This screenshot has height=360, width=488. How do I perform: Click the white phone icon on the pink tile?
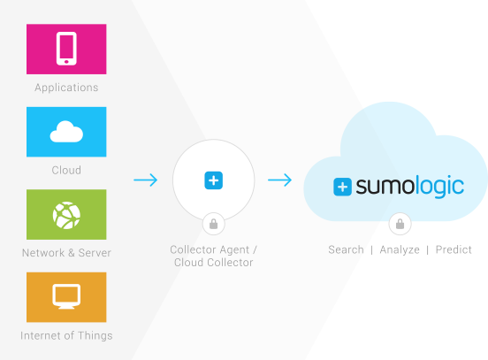(66, 49)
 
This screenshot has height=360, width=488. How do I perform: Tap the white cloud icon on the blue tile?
(66, 132)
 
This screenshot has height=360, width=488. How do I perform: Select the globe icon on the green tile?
(66, 215)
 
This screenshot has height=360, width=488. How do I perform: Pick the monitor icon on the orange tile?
(66, 296)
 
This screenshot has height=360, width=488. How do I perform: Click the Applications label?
(66, 88)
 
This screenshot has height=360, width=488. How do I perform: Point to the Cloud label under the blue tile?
(66, 170)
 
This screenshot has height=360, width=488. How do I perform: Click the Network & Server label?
(66, 253)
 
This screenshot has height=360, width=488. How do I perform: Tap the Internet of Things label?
(66, 335)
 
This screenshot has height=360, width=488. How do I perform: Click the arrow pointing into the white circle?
(146, 180)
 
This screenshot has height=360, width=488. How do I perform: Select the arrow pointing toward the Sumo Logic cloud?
(279, 180)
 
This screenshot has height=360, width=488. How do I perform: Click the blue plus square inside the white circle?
(214, 180)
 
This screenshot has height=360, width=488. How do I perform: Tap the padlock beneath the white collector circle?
(214, 224)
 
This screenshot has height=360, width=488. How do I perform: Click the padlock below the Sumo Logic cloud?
(400, 224)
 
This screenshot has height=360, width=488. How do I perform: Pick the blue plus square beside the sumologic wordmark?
(342, 187)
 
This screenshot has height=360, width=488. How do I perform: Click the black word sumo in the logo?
(385, 187)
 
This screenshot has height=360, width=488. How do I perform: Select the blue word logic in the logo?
(440, 187)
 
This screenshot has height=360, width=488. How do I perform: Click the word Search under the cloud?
(346, 249)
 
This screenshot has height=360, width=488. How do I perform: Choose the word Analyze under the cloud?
(400, 249)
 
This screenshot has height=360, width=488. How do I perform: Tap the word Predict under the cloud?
(454, 249)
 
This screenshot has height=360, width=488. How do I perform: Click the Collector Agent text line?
(214, 249)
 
